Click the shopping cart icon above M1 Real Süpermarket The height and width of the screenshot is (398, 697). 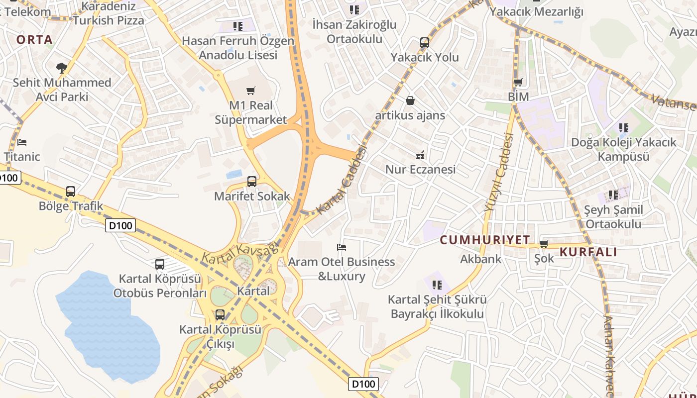[x=251, y=91]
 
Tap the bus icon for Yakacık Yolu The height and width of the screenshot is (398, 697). [x=424, y=43]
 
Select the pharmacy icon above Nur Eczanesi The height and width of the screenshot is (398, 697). [x=421, y=155]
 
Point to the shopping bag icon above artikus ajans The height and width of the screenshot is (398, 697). [x=410, y=101]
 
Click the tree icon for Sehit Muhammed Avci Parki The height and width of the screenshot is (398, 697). [x=62, y=68]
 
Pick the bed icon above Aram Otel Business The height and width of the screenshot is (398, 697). [x=342, y=247]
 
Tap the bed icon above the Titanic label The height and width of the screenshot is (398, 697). [x=22, y=142]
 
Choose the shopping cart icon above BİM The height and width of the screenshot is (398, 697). [x=518, y=82]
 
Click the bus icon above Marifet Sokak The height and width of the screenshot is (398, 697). [x=252, y=182]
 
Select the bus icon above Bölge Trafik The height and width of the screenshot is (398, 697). [x=71, y=192]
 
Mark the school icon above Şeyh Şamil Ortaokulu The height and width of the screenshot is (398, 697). [x=613, y=195]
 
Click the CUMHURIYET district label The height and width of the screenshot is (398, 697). [x=485, y=240]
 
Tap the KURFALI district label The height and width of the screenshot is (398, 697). [x=588, y=252]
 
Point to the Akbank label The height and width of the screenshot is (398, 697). [x=481, y=259]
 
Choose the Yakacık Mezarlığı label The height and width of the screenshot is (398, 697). [x=536, y=12]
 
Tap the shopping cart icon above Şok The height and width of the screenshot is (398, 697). [x=544, y=244]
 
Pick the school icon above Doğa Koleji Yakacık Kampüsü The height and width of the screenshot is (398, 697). [x=623, y=128]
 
